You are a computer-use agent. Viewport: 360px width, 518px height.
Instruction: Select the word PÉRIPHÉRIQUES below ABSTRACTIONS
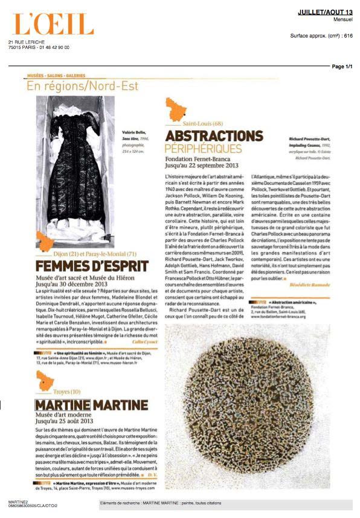tap(204, 148)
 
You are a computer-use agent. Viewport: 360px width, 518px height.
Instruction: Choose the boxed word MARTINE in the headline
tap(62, 404)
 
